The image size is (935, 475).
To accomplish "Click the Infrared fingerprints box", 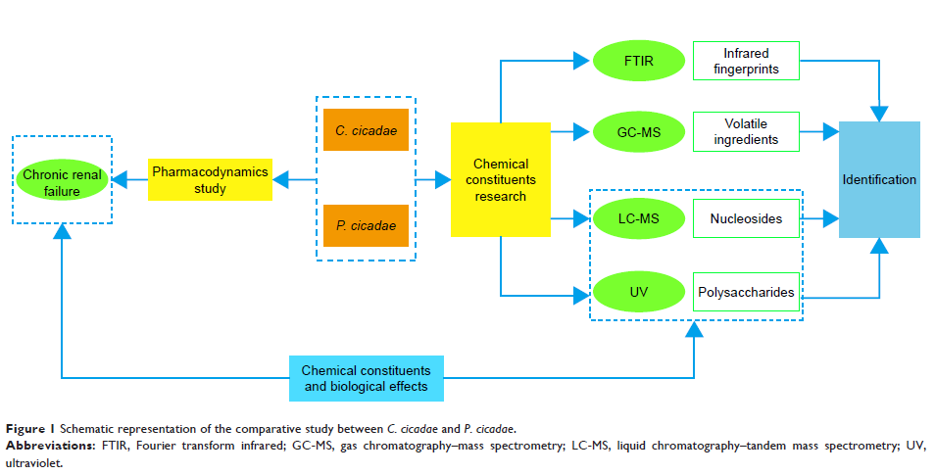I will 746,61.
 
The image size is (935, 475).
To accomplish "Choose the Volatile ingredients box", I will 746,131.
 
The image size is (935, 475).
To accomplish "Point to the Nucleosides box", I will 746,218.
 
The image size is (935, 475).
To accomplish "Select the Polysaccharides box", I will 746,292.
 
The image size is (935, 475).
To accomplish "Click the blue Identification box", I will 879,179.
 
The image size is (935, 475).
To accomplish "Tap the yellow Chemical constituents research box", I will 500,179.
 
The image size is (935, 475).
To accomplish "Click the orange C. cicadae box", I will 366,129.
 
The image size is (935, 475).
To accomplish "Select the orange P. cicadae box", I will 366,226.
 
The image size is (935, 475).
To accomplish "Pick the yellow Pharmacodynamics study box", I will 210,179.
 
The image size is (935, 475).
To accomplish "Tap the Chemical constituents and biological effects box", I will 366,378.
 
